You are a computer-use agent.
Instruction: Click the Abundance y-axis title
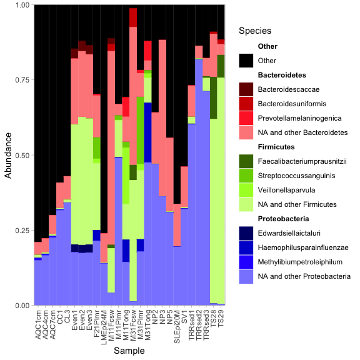8,155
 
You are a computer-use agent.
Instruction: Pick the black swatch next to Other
246,61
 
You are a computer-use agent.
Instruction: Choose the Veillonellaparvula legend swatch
246,190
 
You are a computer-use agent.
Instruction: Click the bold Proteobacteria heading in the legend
284,218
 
